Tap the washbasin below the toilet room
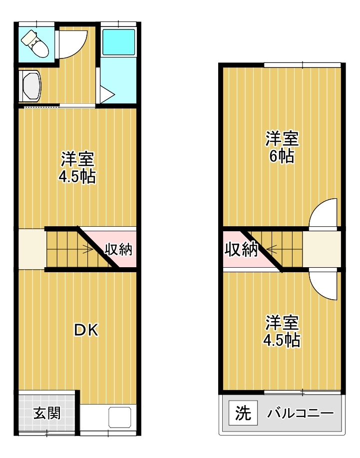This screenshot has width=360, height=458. click(x=30, y=86)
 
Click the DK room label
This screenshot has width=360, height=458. click(x=86, y=330)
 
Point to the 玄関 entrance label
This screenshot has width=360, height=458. click(x=47, y=414)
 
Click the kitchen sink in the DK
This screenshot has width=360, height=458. click(x=120, y=417)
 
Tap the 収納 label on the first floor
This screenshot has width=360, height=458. click(x=118, y=249)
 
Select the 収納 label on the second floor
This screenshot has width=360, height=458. click(x=241, y=249)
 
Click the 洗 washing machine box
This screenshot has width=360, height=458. click(x=243, y=413)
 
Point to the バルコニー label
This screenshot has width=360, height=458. click(x=300, y=413)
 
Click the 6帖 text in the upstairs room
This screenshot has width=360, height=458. click(x=282, y=156)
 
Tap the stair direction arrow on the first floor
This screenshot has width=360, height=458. click(x=87, y=250)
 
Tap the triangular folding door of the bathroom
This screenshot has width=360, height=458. click(x=106, y=94)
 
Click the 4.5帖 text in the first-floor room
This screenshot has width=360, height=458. click(x=77, y=177)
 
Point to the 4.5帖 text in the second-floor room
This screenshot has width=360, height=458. click(x=282, y=340)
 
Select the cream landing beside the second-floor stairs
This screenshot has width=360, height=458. click(x=322, y=249)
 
